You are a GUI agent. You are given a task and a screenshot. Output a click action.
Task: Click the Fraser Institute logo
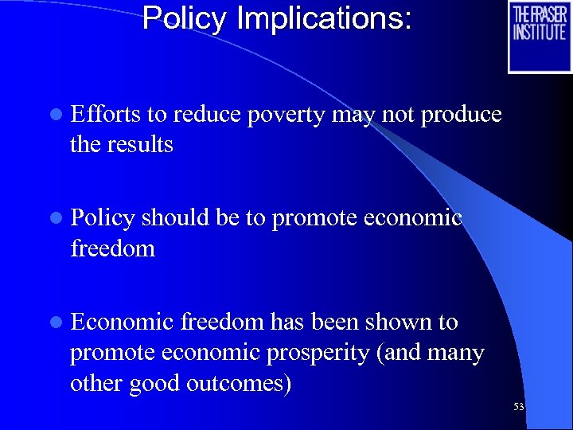[x=540, y=36]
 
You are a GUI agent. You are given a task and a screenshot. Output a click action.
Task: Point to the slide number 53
[x=519, y=407]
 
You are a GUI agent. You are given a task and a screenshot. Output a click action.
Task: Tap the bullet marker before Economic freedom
[x=54, y=322]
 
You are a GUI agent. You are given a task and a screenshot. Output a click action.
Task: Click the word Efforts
[x=106, y=115]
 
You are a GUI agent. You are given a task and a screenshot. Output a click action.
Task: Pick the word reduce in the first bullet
[x=206, y=115]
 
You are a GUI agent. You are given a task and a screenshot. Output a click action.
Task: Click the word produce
[x=461, y=115]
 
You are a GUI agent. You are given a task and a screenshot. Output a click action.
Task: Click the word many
[x=454, y=353]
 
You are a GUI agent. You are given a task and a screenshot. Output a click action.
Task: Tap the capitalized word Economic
[x=122, y=322]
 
